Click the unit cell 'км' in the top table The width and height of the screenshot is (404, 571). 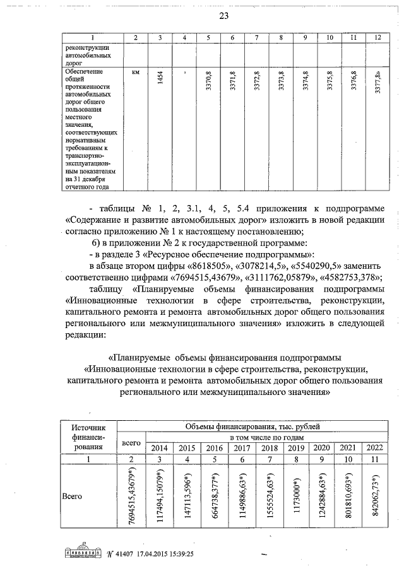pyautogui.click(x=135, y=73)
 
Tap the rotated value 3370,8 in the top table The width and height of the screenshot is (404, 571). pyautogui.click(x=208, y=81)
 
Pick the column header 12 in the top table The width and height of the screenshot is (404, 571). pyautogui.click(x=377, y=38)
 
